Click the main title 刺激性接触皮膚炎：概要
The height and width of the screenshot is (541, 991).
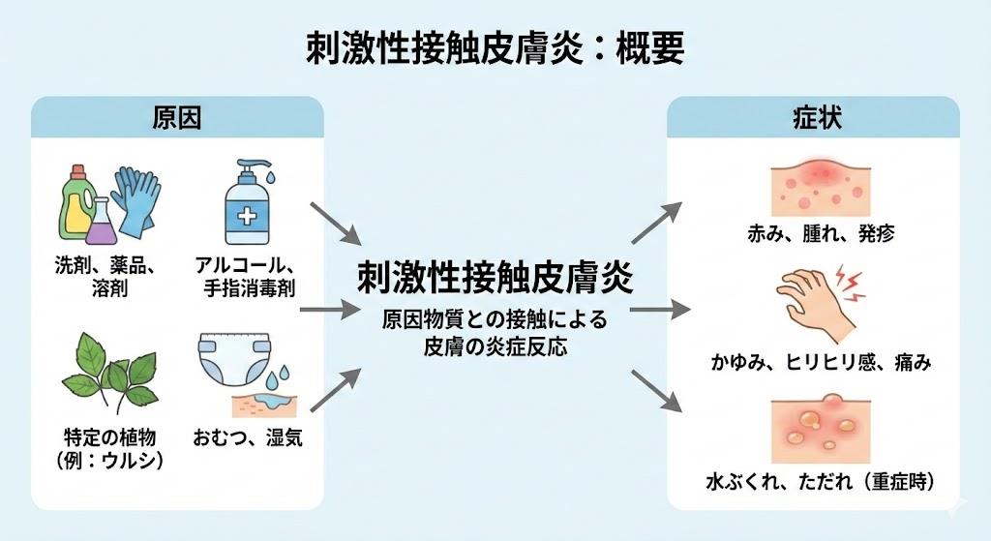[495, 45]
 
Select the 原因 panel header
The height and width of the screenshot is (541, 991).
[177, 118]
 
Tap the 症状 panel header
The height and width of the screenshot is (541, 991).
[813, 118]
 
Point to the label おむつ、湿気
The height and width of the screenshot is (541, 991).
[250, 437]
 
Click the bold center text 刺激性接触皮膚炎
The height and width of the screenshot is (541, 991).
[495, 279]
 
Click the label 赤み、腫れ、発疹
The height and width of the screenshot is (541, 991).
[814, 233]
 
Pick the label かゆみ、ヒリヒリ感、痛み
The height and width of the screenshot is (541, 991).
[814, 362]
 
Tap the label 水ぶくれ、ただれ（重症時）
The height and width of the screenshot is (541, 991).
[814, 479]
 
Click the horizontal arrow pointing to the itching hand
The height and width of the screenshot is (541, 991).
[658, 312]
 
